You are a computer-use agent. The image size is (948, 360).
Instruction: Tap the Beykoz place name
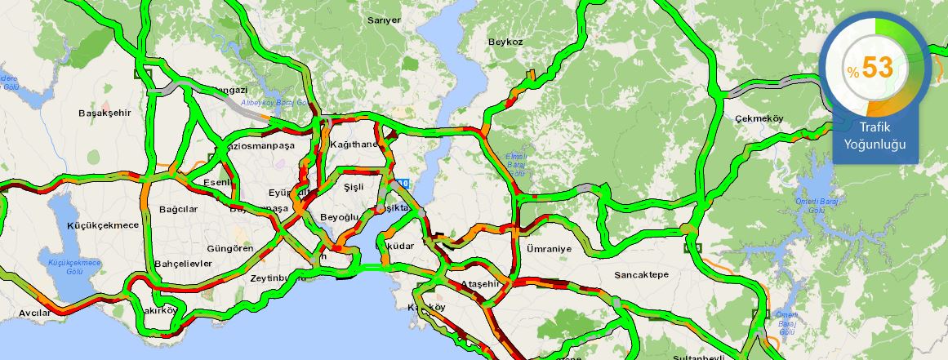pyautogui.click(x=505, y=41)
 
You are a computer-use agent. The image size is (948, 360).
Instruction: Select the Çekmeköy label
pyautogui.click(x=759, y=118)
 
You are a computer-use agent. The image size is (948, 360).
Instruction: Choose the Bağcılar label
pyautogui.click(x=179, y=210)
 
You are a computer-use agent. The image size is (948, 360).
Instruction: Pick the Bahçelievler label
pyautogui.click(x=183, y=264)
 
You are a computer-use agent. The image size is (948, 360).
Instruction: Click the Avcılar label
pyautogui.click(x=34, y=313)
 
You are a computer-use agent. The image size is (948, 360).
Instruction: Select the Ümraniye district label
pyautogui.click(x=550, y=248)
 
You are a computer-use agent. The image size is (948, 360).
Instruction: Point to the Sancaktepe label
pyautogui.click(x=641, y=275)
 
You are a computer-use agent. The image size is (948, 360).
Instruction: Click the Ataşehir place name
pyautogui.click(x=479, y=283)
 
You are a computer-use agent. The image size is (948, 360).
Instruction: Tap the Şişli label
pyautogui.click(x=353, y=187)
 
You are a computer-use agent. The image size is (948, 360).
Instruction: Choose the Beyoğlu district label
pyautogui.click(x=339, y=217)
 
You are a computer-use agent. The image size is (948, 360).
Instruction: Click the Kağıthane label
pyautogui.click(x=354, y=144)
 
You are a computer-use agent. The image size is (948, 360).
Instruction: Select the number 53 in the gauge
pyautogui.click(x=877, y=68)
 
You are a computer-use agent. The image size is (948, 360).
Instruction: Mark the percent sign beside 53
pyautogui.click(x=852, y=73)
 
